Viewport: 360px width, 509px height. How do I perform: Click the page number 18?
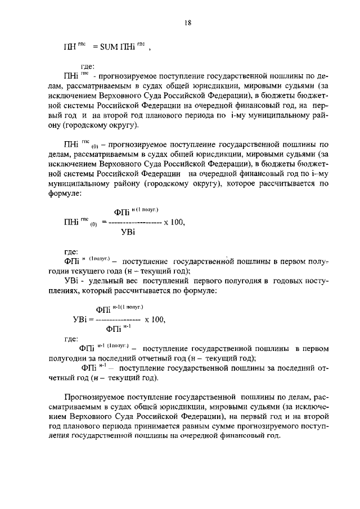point(188,23)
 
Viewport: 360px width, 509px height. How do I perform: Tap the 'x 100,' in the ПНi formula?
point(175,222)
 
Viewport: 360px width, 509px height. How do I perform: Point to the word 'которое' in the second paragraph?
point(244,183)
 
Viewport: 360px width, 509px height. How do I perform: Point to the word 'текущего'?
point(102,271)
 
